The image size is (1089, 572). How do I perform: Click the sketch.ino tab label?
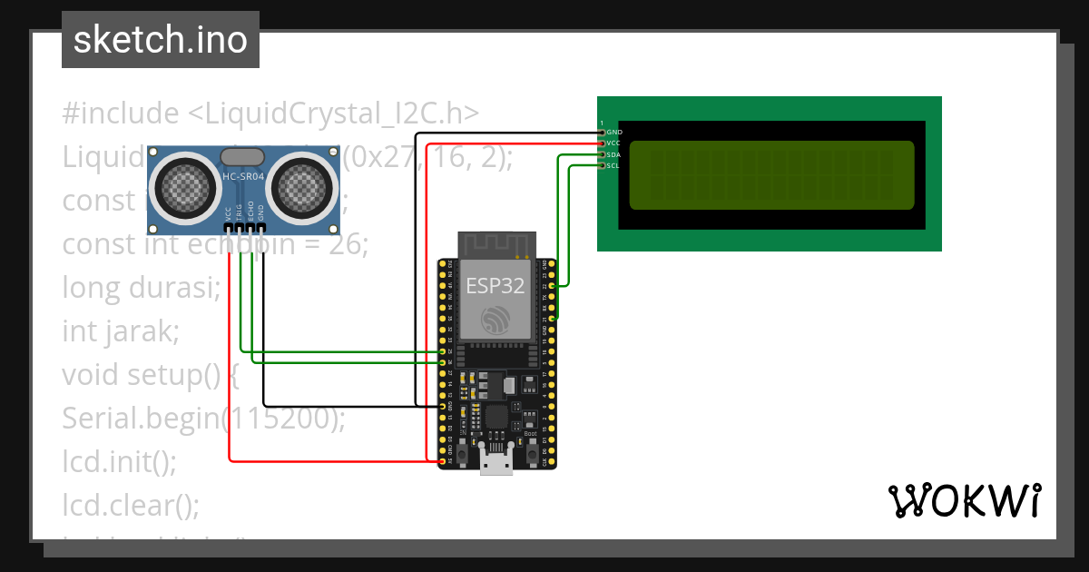pos(160,40)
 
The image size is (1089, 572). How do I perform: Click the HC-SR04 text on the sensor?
pos(242,178)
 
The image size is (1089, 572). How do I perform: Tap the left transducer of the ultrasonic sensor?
pos(188,187)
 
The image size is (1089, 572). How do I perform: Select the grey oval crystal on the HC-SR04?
pos(242,157)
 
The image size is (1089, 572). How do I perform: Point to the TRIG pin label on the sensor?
pos(240,213)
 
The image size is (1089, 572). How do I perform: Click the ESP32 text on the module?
pos(495,285)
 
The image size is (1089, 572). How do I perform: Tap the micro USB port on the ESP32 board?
pos(495,464)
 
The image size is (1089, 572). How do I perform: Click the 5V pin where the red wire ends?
pos(443,462)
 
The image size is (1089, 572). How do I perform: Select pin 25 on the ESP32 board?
pos(443,351)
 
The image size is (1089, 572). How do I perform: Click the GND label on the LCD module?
pos(614,133)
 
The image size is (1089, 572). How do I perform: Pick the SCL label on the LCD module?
pos(613,165)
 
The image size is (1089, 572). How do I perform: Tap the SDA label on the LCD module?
pos(613,154)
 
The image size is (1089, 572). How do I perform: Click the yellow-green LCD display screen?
pos(771,175)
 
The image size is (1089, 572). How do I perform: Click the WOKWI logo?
pos(964,500)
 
